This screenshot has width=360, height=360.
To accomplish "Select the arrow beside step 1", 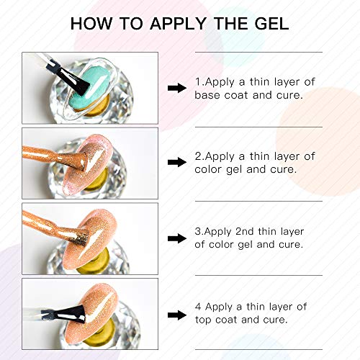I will click(176, 88).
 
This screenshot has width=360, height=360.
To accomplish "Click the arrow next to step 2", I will click(176, 163).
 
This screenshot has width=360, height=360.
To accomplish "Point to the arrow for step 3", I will click(176, 239).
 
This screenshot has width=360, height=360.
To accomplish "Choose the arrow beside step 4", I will click(176, 314).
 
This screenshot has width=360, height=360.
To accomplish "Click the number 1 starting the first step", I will click(198, 81).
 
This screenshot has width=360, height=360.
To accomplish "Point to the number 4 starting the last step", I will click(198, 307).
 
